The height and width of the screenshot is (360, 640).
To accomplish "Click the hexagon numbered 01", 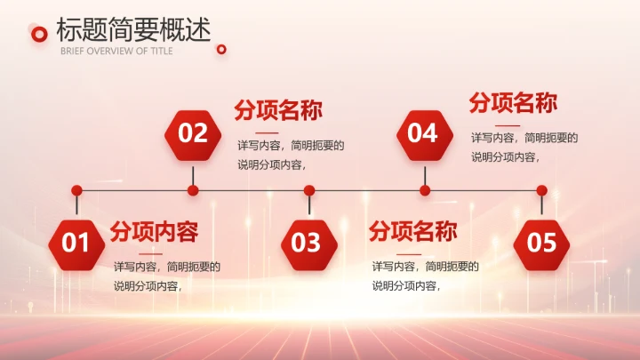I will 76,243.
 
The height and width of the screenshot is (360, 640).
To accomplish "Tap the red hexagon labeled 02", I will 193,133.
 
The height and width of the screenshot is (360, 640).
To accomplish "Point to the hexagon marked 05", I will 541,243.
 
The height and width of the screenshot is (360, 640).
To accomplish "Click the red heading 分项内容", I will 154,232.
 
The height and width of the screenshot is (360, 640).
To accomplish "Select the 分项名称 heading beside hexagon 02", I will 277,110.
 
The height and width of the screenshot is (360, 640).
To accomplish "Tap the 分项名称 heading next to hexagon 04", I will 513,103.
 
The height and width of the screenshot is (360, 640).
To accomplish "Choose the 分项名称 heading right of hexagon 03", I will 412,232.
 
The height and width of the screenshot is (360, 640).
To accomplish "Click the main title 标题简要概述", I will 133,29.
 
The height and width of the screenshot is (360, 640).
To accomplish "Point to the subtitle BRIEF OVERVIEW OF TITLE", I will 116,51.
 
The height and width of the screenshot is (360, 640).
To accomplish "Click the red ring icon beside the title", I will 38,34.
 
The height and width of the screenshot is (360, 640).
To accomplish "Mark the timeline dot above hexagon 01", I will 76,190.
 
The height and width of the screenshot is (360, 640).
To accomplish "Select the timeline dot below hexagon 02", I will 193,190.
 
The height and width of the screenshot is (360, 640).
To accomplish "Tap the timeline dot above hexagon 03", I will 309,190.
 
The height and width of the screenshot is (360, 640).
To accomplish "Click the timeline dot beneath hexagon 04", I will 425,190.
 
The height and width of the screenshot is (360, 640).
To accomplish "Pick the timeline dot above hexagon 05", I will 541,190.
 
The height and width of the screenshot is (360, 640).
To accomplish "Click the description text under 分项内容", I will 166,276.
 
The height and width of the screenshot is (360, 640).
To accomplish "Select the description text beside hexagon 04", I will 524,147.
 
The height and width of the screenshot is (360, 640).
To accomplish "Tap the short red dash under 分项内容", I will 124,252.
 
